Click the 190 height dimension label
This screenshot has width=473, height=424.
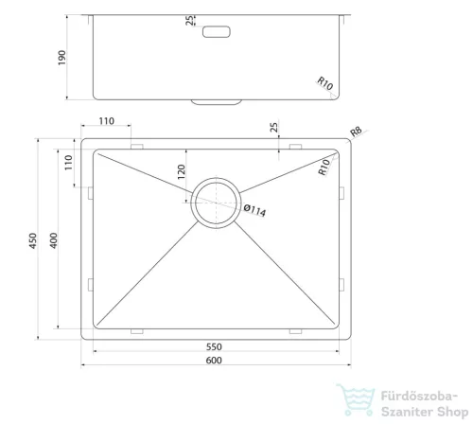[x=61, y=58]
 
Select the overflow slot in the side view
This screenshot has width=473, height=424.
[x=217, y=32]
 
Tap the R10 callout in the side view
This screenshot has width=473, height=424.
[x=324, y=83]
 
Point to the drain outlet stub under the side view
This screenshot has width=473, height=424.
[x=217, y=102]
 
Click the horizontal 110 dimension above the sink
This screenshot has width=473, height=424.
[x=107, y=121]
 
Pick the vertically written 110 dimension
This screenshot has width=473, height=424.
[x=68, y=163]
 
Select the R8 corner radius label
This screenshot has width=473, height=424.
[x=356, y=132]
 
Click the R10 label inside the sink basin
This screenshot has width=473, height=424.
[x=324, y=168]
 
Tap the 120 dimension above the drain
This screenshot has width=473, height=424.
[x=182, y=172]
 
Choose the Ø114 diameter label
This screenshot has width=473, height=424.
[x=254, y=210]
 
